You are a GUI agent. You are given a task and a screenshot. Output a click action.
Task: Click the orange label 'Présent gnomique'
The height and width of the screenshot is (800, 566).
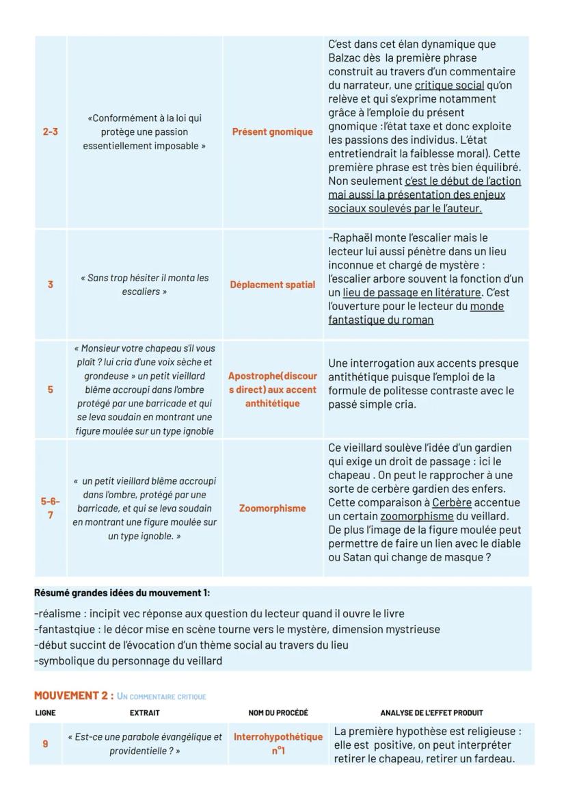272,131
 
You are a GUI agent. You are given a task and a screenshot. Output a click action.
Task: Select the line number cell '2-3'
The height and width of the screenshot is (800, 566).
50,131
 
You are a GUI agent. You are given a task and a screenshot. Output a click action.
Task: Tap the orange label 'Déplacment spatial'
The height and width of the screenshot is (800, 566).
272,285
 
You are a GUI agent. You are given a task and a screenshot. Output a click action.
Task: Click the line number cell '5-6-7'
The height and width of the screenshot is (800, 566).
50,508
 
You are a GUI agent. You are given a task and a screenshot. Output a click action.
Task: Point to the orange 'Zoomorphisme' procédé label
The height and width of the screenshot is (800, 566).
272,508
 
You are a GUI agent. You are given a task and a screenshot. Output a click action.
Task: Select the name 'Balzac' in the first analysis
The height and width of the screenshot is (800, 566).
345,58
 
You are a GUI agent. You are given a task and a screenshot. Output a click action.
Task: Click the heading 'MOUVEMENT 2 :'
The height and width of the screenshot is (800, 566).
73,696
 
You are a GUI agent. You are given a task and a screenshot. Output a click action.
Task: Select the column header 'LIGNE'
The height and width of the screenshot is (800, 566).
45,713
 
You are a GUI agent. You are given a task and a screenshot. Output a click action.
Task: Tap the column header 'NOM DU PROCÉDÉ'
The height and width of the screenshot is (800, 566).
278,713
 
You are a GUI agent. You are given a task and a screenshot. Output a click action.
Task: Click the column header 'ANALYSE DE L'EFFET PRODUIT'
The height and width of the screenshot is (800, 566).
429,713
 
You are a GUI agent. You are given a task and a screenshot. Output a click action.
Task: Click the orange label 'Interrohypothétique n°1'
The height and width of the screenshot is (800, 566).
278,744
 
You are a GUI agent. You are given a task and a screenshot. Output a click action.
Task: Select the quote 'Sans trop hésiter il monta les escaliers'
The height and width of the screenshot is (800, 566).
144,285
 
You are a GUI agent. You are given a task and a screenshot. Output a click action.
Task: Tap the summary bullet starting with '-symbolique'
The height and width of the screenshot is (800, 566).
128,661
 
